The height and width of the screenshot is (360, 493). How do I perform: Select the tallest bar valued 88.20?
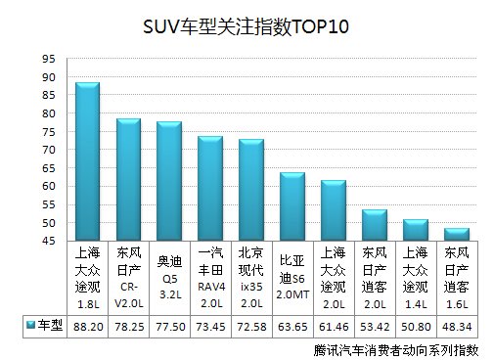88,161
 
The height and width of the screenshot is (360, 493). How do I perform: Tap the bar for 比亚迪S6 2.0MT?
291,206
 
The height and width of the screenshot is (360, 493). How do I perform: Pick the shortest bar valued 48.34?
457,234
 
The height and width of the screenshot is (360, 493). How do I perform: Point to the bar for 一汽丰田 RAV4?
210,188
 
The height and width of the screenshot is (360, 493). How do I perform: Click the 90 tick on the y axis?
48,76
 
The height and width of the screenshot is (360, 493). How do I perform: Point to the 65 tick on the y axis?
48,168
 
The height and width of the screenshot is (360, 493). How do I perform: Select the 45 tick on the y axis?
48,241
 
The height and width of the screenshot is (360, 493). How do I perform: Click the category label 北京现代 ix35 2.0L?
251,277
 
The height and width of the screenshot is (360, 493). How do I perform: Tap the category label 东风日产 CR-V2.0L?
128,277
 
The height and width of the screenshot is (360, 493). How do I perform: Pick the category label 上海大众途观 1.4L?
416,277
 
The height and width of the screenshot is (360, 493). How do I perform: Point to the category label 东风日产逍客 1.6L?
457,277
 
